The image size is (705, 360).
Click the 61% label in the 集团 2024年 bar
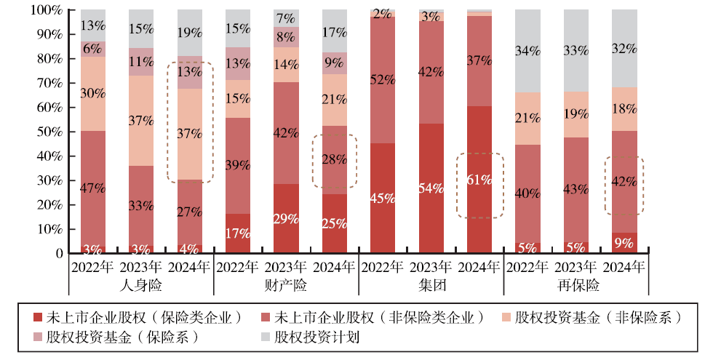(x=479, y=180)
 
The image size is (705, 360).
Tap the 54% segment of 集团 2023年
(x=431, y=188)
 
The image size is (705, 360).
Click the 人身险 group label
(x=141, y=285)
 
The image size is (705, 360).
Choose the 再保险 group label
(x=577, y=285)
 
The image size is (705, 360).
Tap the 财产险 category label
(x=286, y=285)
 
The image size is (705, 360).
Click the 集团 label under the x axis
(x=431, y=285)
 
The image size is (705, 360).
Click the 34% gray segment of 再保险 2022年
(x=528, y=51)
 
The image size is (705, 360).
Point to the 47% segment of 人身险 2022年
(x=92, y=188)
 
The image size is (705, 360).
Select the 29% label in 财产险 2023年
(x=286, y=219)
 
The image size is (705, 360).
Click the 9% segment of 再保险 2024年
(x=625, y=243)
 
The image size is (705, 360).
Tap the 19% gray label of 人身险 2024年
(x=189, y=33)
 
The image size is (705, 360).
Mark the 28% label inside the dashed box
(x=335, y=159)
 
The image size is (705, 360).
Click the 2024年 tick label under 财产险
(x=335, y=267)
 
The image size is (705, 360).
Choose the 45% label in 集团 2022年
(x=383, y=198)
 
